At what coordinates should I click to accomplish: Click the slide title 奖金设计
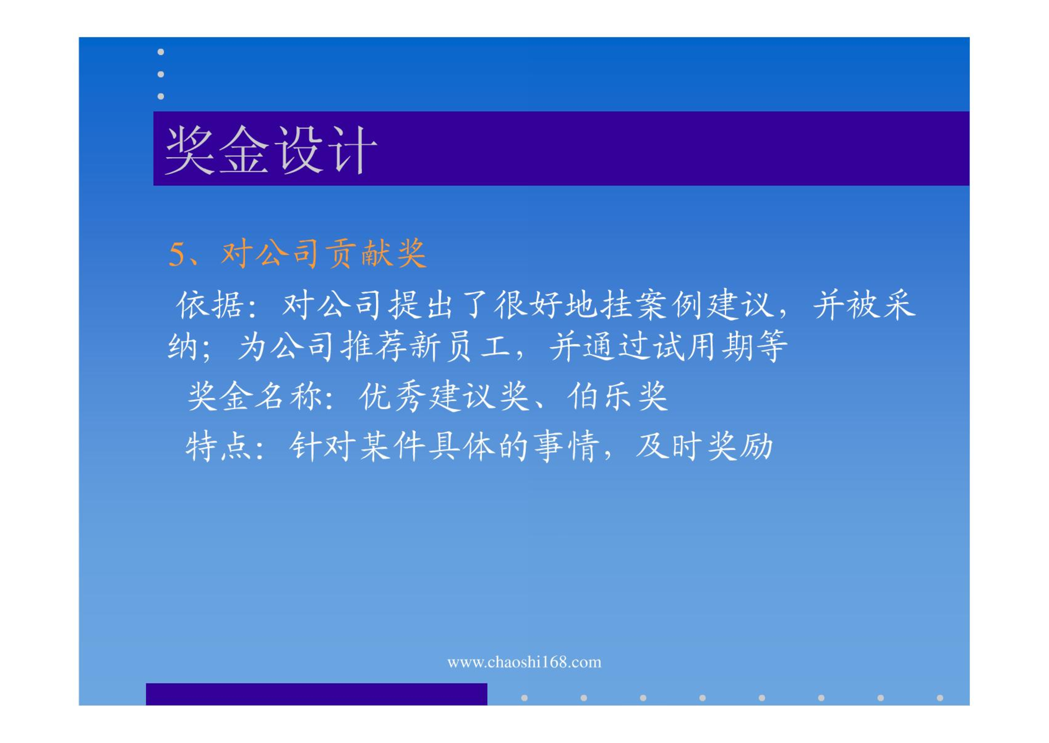271,150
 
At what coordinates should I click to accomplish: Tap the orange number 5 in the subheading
177,255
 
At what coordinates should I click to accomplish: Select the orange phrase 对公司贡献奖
324,254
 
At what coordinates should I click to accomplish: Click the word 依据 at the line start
211,305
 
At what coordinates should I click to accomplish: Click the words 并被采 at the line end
865,305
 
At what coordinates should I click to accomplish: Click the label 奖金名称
256,397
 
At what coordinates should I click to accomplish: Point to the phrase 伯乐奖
617,397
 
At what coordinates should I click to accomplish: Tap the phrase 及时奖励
704,447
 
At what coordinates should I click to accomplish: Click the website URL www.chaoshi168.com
524,662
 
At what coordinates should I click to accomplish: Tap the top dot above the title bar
161,52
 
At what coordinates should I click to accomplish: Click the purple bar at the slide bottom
317,694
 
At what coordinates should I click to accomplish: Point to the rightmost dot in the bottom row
940,698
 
